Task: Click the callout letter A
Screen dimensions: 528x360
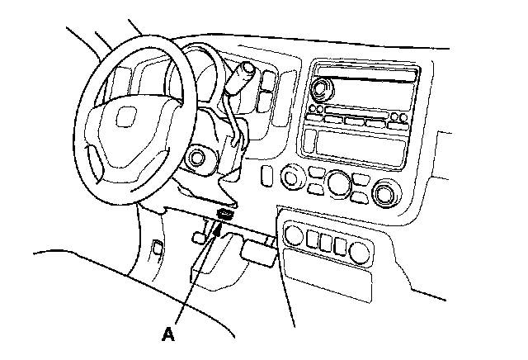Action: (168, 334)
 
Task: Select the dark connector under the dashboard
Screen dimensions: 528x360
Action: (225, 214)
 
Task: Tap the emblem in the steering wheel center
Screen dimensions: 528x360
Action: (125, 116)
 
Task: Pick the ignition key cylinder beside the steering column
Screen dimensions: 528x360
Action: (196, 158)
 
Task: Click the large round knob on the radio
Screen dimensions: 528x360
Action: (322, 88)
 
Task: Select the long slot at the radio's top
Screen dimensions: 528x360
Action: (366, 74)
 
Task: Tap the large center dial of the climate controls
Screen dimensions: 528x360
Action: (339, 183)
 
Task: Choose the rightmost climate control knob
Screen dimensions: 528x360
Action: (386, 194)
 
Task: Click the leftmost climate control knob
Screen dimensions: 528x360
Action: (291, 177)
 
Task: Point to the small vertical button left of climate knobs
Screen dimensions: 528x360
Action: (266, 175)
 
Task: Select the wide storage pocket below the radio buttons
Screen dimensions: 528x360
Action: (361, 148)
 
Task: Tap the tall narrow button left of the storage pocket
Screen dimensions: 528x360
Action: (309, 141)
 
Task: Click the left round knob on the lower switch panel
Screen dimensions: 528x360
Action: (294, 235)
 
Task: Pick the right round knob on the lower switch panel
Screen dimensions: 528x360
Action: (360, 253)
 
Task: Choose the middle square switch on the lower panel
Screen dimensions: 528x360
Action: (326, 243)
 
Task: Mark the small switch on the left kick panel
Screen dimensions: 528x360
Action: (158, 248)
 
